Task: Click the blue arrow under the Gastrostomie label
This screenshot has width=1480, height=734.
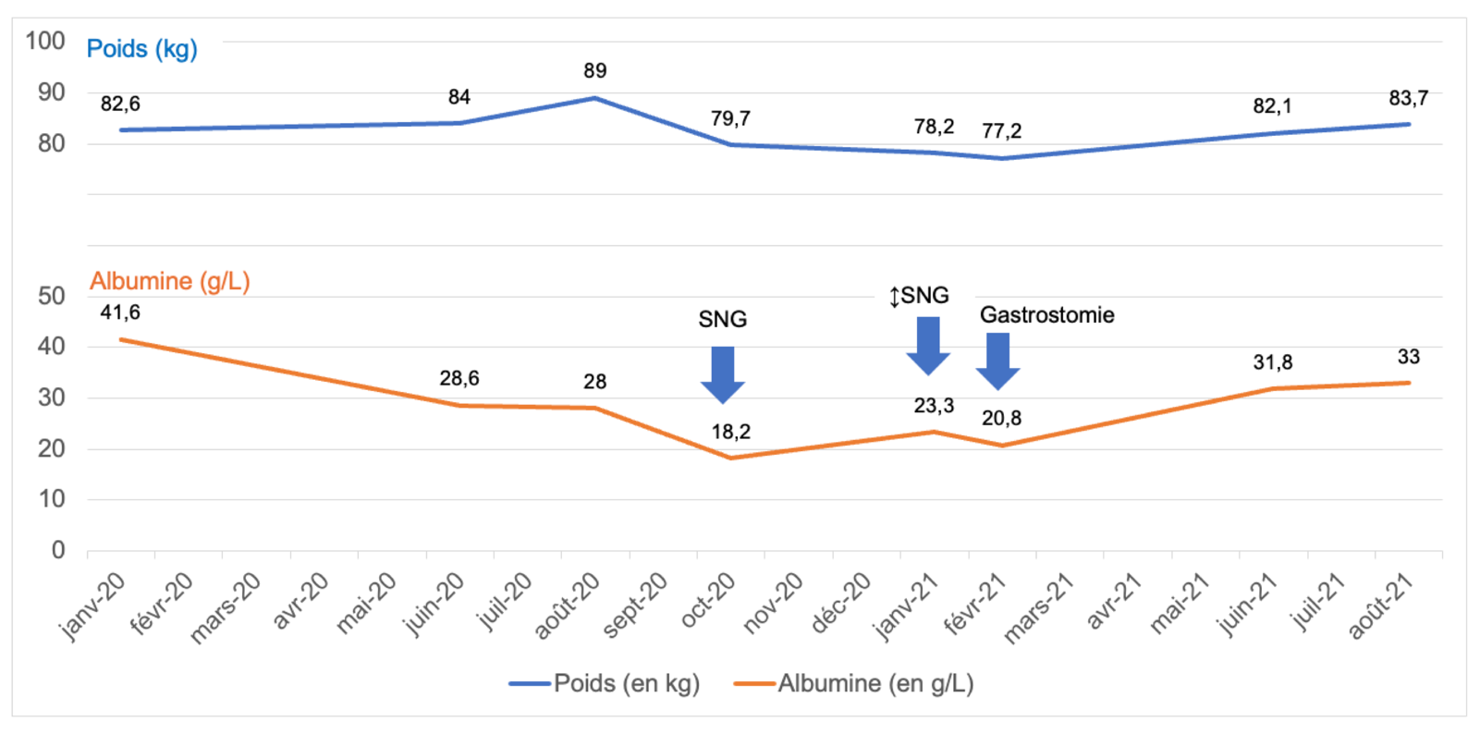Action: tap(997, 360)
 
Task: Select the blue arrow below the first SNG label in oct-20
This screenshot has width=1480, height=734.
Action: tap(723, 373)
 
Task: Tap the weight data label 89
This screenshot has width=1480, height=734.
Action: tap(594, 71)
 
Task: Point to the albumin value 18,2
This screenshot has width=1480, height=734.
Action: tap(730, 432)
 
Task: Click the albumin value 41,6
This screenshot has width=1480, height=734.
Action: tap(120, 312)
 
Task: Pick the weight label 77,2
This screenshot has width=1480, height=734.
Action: tap(1001, 131)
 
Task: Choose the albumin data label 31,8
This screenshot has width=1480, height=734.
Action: tap(1272, 362)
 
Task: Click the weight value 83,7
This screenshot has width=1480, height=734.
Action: tap(1408, 98)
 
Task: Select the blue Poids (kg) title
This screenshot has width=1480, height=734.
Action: tap(141, 49)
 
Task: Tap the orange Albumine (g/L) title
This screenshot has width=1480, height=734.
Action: tap(169, 281)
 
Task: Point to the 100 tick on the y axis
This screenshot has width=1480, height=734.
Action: tap(45, 41)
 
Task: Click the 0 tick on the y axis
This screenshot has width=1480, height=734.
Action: tap(58, 550)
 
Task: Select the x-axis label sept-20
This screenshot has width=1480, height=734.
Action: tap(635, 606)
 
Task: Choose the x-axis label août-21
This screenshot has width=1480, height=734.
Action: tap(1381, 606)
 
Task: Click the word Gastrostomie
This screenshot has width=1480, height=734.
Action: tap(1046, 315)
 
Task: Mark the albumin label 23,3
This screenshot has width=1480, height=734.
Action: tap(934, 406)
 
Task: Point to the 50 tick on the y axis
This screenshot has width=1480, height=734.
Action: tap(52, 296)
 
